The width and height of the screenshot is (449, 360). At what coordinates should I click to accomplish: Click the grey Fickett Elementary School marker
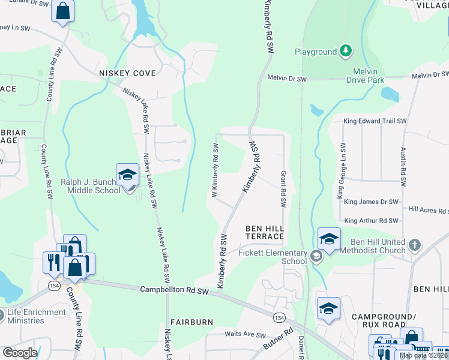click(316, 257)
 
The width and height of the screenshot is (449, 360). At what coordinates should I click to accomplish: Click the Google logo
click(20, 352)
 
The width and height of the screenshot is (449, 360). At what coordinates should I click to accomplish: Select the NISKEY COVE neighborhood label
click(127, 73)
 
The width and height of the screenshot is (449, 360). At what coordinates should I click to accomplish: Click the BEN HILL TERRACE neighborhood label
click(264, 233)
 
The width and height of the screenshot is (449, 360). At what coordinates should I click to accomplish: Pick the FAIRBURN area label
click(191, 322)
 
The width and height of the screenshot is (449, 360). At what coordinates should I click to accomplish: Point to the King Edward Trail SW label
click(375, 121)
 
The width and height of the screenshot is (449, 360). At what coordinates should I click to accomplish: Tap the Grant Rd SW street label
click(283, 189)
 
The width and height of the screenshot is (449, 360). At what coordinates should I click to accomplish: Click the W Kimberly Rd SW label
click(214, 170)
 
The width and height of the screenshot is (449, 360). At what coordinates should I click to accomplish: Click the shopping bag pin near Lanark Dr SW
click(62, 11)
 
